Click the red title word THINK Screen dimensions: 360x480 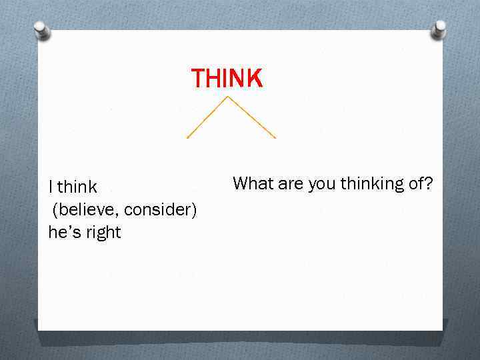227,79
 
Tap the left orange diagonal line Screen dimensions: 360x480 208,117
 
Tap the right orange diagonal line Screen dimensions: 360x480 252,117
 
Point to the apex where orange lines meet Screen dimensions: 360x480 229,97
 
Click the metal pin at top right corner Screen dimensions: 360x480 439,29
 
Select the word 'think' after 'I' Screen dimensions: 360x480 77,187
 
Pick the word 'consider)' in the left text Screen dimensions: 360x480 161,210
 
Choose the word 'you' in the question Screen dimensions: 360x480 322,185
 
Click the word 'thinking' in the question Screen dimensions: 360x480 372,184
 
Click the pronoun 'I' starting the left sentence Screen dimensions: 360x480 51,187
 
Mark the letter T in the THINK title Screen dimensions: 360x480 199,79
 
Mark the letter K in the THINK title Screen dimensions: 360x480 255,79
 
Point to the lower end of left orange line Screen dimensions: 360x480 187,137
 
